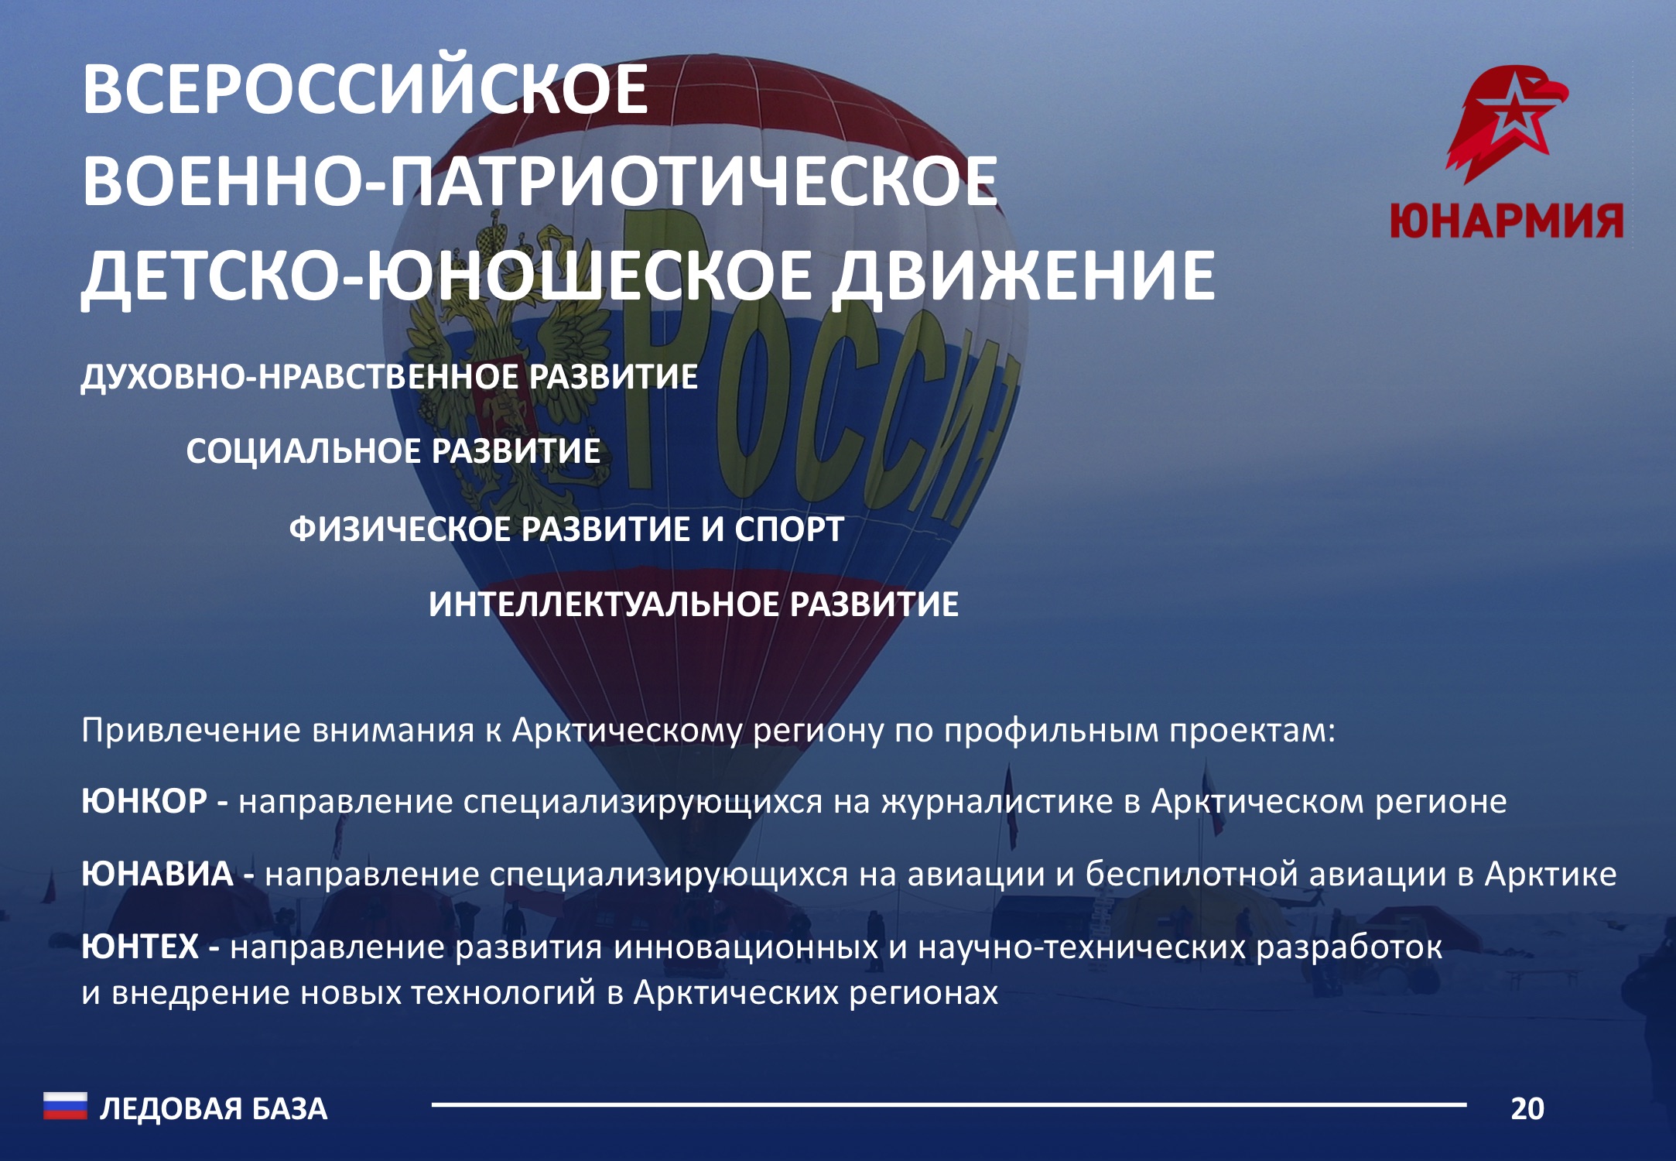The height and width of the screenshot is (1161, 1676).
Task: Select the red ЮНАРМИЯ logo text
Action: [x=1507, y=221]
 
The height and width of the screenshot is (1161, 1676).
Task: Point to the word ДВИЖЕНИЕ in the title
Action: [x=1023, y=276]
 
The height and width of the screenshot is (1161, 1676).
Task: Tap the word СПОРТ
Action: [x=788, y=529]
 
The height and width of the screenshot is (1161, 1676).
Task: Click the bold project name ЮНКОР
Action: [x=144, y=801]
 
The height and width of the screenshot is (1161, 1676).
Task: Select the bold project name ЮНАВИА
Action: [x=157, y=874]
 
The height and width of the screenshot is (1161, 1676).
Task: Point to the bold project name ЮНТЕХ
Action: [x=140, y=947]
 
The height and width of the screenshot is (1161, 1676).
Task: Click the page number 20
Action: [x=1527, y=1109]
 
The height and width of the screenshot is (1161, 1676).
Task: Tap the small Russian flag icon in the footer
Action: [x=65, y=1106]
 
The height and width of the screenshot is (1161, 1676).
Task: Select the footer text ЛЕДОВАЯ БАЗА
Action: [x=214, y=1109]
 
